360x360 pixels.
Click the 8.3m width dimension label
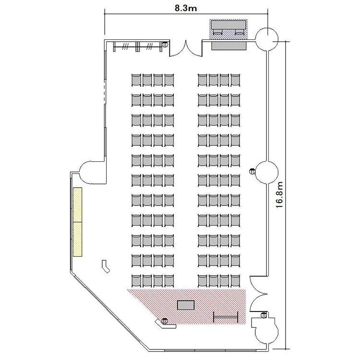[x=186, y=8]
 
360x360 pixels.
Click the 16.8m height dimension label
[x=279, y=195]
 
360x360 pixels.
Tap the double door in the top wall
[x=186, y=49]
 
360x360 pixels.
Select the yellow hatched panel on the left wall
[x=78, y=222]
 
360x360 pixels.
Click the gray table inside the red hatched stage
[x=186, y=305]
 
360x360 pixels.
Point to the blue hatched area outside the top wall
[x=228, y=29]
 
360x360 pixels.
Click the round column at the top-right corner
[x=267, y=39]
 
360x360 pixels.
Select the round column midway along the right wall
[x=267, y=172]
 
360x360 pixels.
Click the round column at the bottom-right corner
[x=267, y=332]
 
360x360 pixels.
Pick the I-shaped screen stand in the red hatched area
[x=226, y=317]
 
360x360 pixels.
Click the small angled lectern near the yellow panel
[x=106, y=266]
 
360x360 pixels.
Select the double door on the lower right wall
[x=259, y=294]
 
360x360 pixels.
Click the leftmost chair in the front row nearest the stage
[x=136, y=281]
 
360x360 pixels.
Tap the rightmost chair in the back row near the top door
[x=235, y=80]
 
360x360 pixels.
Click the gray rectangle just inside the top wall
[x=228, y=46]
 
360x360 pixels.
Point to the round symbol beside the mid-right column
[x=252, y=171]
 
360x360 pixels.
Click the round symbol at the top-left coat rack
[x=165, y=44]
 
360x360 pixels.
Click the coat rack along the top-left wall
[x=138, y=47]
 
